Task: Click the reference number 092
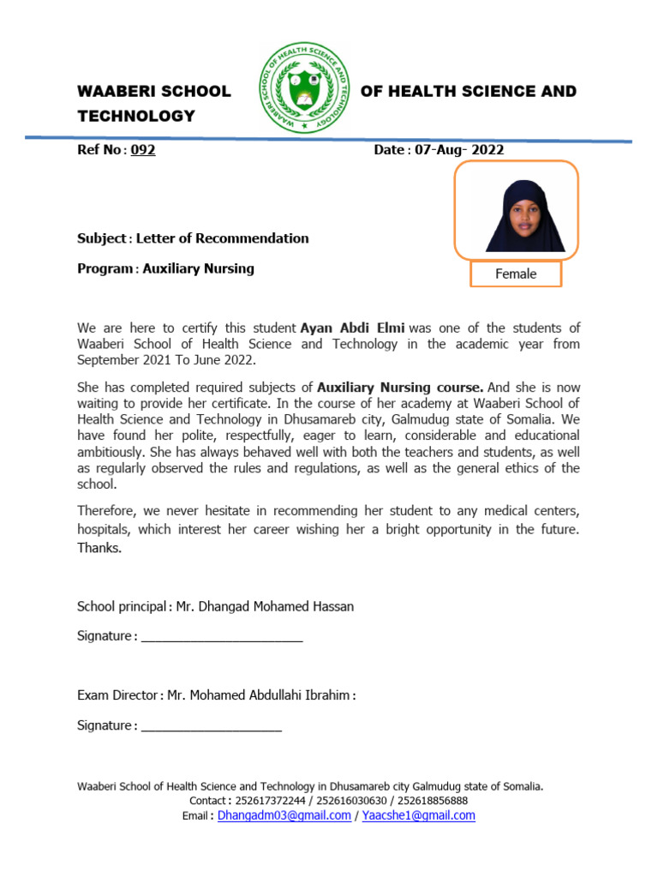(x=142, y=150)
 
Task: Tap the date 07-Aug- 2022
(x=459, y=150)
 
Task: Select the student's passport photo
(x=516, y=211)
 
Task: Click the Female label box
(x=516, y=274)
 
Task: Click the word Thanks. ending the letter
(x=99, y=548)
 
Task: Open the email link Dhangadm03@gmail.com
(x=284, y=815)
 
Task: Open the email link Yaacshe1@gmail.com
(x=418, y=815)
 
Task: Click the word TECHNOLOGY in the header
(x=136, y=116)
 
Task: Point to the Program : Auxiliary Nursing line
(x=165, y=268)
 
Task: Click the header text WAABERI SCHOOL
(x=154, y=91)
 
